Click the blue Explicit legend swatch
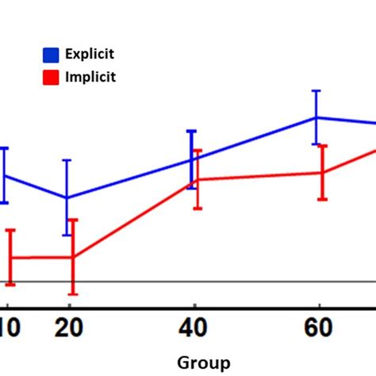tap(50, 55)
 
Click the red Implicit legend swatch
tap(50, 77)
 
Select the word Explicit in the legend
tap(91, 54)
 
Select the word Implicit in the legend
tap(91, 77)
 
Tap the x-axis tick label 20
tap(70, 326)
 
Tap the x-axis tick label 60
tap(318, 326)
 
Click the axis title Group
tap(204, 363)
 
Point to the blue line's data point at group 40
tap(191, 159)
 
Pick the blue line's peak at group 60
tap(317, 117)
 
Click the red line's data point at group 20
tap(73, 257)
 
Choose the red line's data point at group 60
tap(322, 172)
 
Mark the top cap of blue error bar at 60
tap(317, 90)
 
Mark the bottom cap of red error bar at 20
tap(73, 294)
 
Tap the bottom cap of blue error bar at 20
tap(67, 235)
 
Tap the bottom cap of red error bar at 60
tap(322, 199)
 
